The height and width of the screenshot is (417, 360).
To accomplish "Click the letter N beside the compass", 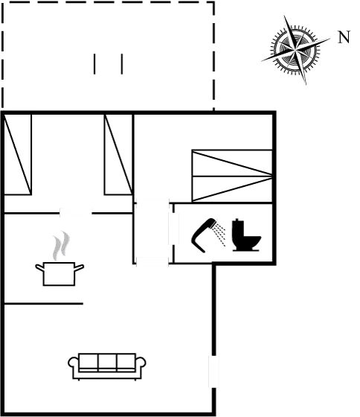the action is pos(344,37).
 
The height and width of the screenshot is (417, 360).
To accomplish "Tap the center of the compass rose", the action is pos(295,49).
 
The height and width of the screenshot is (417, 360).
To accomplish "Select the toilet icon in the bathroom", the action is pos(246,235).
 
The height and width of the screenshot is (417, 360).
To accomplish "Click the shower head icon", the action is pos(203,234).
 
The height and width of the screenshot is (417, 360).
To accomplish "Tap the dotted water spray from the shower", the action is pos(220,235).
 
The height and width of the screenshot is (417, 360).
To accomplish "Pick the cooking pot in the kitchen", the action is pos(60,274).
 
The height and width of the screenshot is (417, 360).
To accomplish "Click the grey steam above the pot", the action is pos(61,245).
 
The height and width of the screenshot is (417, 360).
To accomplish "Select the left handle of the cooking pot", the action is pos(39,267).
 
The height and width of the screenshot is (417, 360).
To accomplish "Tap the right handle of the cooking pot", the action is pos(80,267).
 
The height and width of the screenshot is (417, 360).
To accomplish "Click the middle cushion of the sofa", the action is pos(107,361).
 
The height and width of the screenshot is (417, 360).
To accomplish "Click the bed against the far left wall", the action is pos(18,155).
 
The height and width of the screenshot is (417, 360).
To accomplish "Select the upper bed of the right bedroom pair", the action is pos(232,163).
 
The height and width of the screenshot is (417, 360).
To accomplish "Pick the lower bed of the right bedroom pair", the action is pos(232,189).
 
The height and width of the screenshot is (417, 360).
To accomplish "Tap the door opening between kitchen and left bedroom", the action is pos(76,213).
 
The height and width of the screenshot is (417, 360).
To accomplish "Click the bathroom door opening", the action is pos(173,229).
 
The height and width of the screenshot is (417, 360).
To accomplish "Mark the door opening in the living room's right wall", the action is pos(213,372).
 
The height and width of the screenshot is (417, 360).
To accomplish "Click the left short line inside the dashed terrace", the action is pos(94,64).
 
